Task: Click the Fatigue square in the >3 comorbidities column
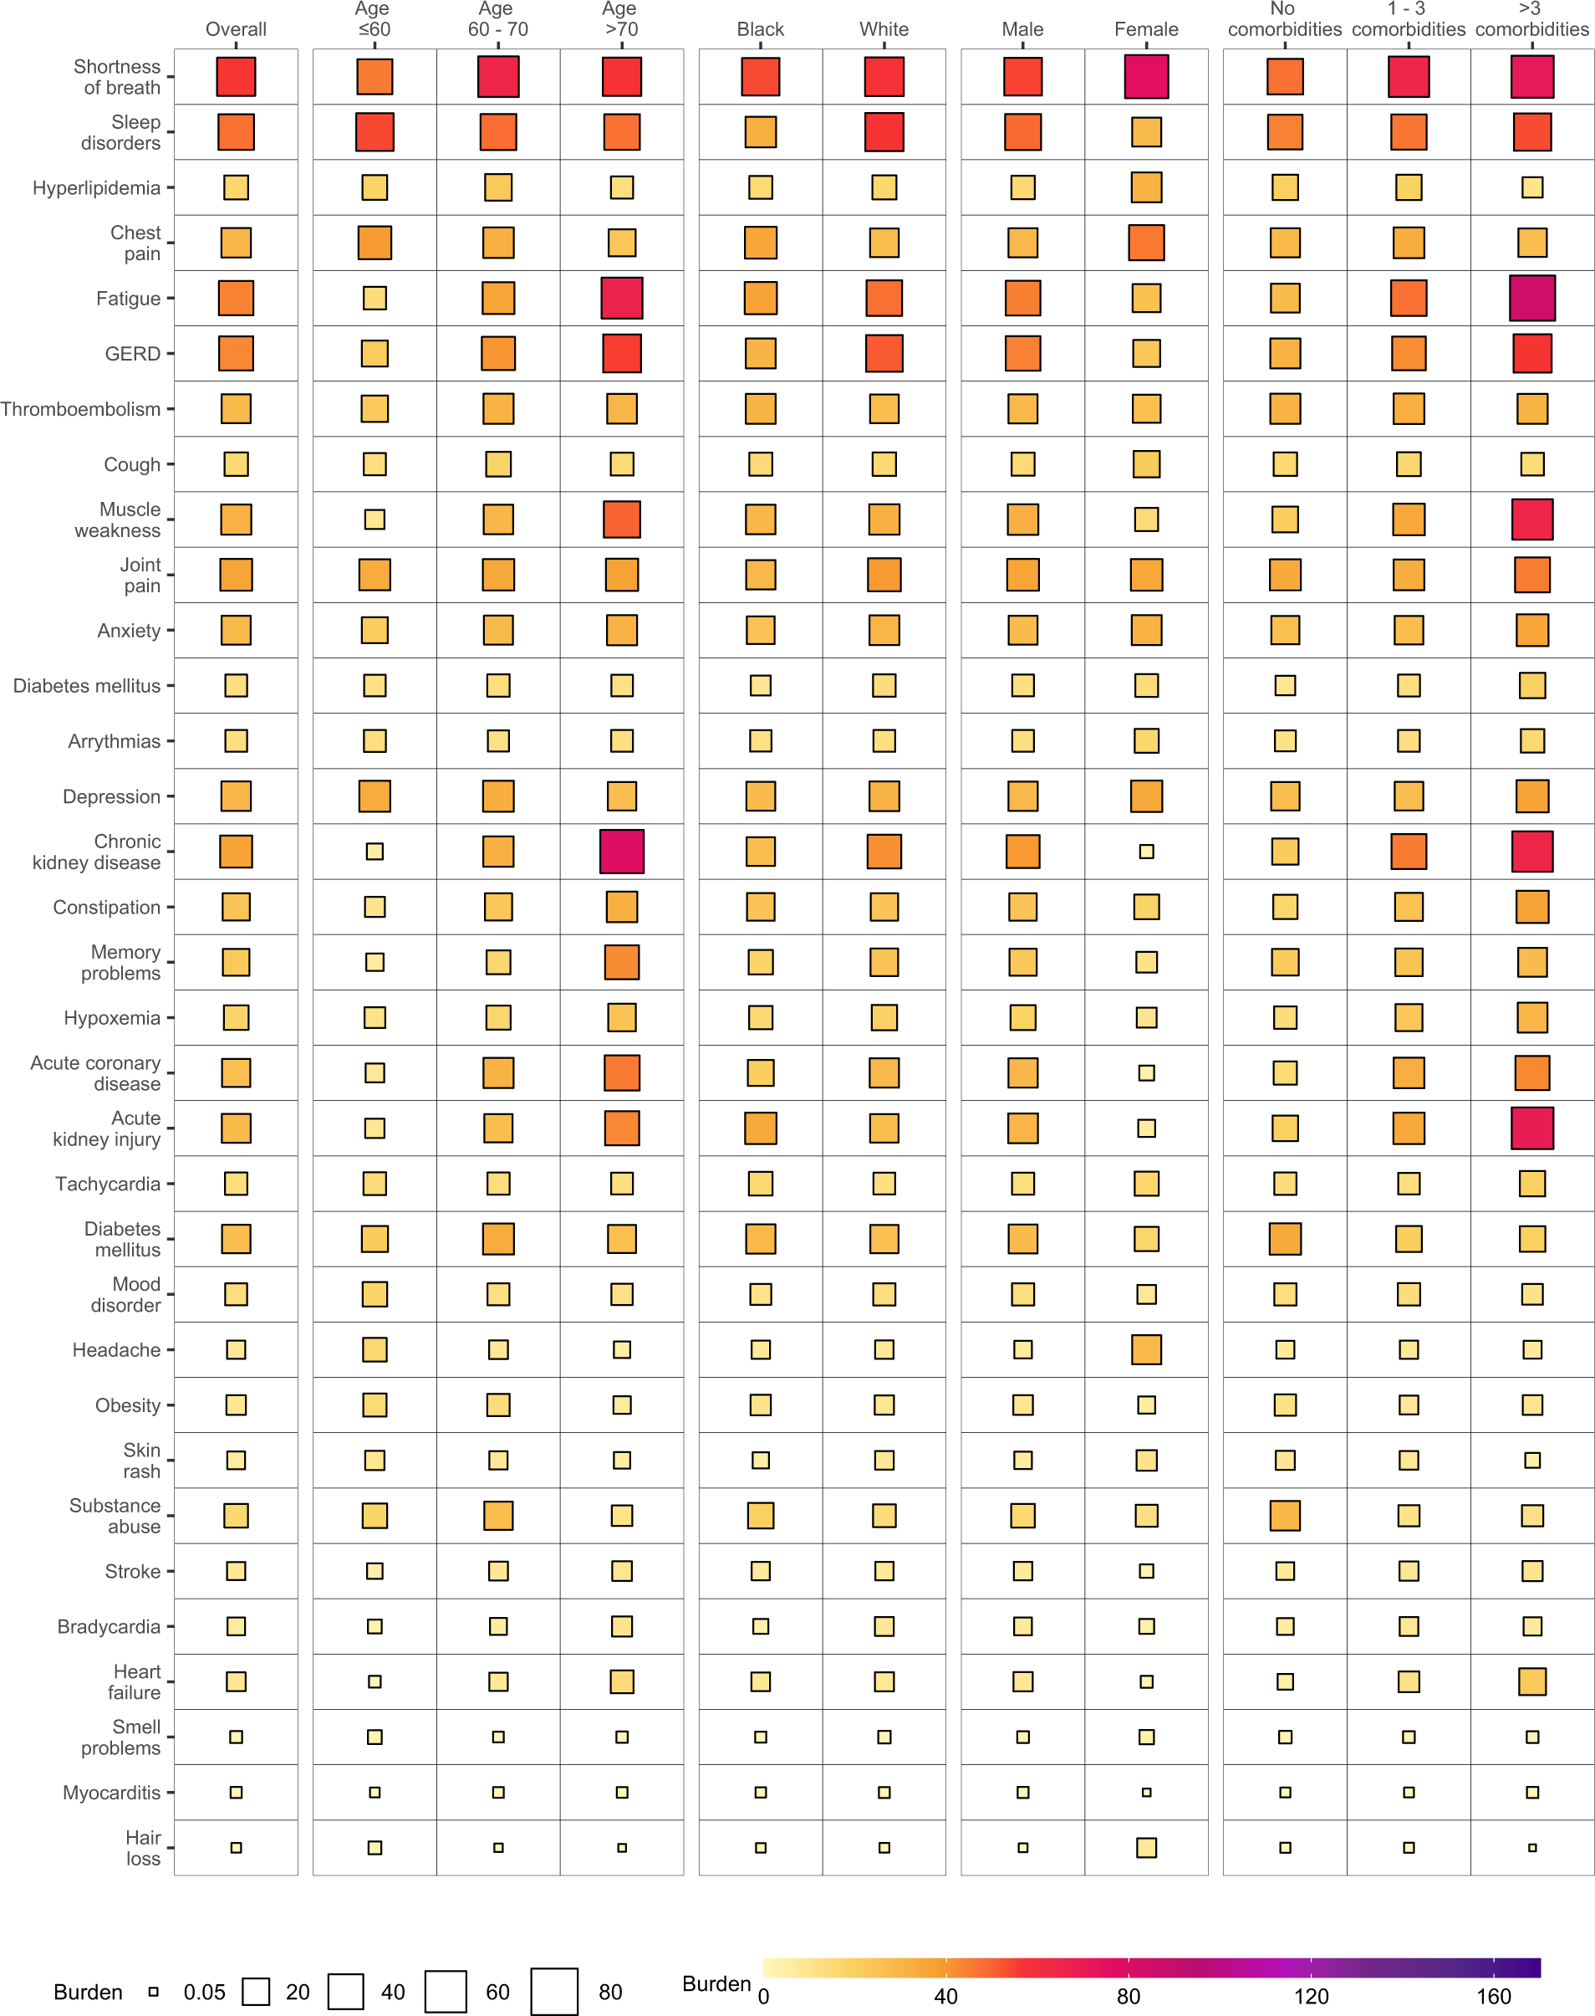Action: tap(1531, 298)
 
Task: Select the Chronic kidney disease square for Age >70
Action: tap(622, 851)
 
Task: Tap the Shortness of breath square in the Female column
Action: tap(1146, 77)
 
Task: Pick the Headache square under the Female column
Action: tap(1146, 1349)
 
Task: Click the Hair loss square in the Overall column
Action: tap(237, 1847)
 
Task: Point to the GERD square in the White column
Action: tap(884, 353)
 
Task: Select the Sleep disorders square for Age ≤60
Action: tap(375, 131)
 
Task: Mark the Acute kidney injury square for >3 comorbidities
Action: tap(1531, 1128)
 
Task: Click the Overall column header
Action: tap(237, 29)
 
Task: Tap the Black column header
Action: tap(760, 29)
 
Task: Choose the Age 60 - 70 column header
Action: tap(497, 19)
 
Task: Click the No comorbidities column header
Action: tap(1284, 19)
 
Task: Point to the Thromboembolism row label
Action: tap(80, 409)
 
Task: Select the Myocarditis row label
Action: tap(111, 1792)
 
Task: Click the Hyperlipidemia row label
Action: tap(96, 187)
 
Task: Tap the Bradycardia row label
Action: tap(109, 1626)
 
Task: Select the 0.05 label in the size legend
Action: tap(205, 1992)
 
